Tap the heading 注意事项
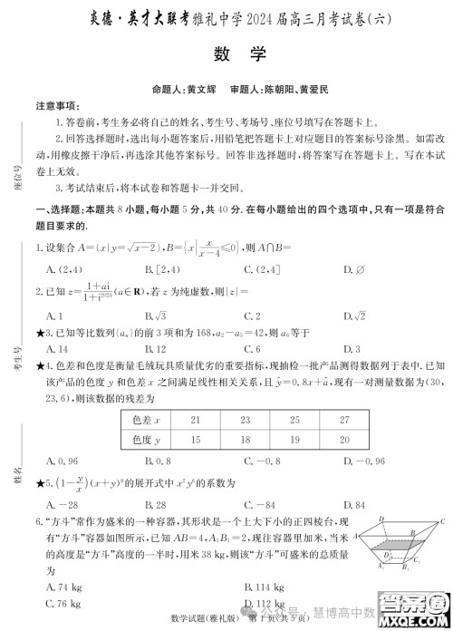pyautogui.click(x=58, y=106)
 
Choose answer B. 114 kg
pyautogui.click(x=252, y=587)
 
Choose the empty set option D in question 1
pyautogui.click(x=355, y=269)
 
